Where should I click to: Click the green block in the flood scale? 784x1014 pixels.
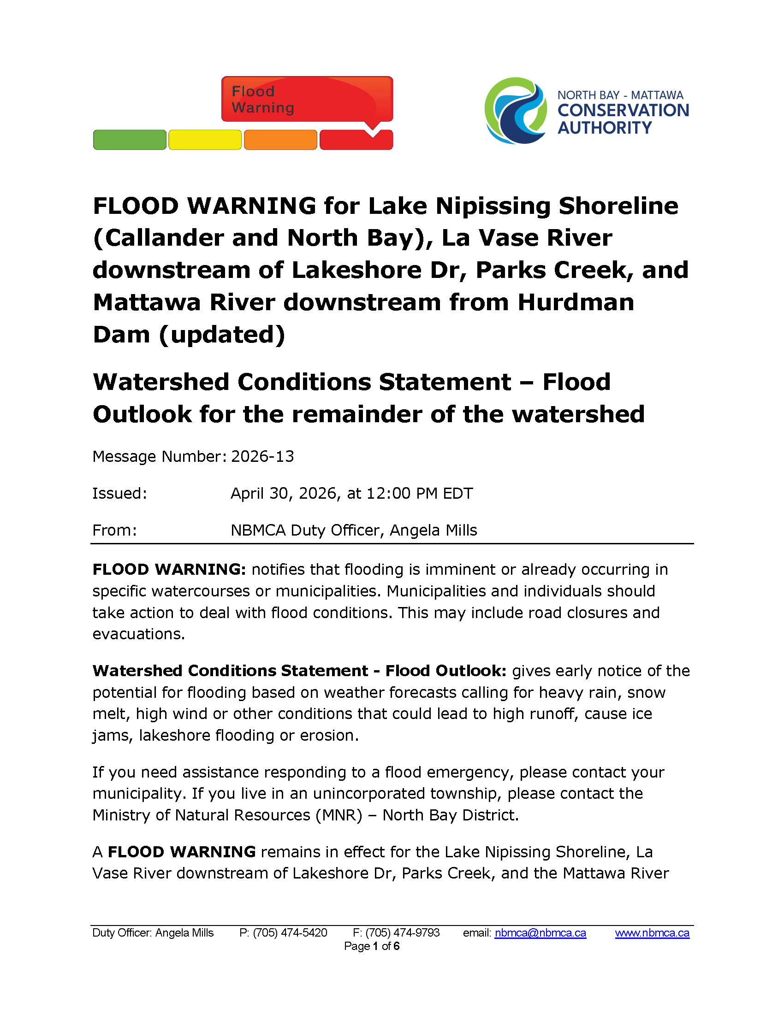pyautogui.click(x=130, y=140)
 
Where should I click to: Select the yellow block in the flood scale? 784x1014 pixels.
pyautogui.click(x=205, y=140)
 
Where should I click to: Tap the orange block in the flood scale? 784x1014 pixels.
pyautogui.click(x=280, y=140)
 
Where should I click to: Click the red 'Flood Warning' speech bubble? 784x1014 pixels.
pyautogui.click(x=307, y=100)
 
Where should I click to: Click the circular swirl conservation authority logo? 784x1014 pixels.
pyautogui.click(x=516, y=111)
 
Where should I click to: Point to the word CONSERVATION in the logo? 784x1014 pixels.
pyautogui.click(x=623, y=111)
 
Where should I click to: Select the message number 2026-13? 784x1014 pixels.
pyautogui.click(x=262, y=456)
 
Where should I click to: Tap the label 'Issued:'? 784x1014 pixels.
pyautogui.click(x=120, y=493)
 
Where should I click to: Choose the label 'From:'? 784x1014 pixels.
pyautogui.click(x=115, y=530)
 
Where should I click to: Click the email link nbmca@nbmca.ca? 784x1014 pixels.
pyautogui.click(x=540, y=933)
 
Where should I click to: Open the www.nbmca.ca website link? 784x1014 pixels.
pyautogui.click(x=652, y=933)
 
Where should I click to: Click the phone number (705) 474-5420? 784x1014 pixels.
pyautogui.click(x=290, y=933)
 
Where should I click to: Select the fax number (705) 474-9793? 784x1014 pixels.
pyautogui.click(x=402, y=933)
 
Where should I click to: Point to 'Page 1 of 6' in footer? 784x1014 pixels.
pyautogui.click(x=372, y=946)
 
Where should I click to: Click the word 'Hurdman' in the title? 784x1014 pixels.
pyautogui.click(x=576, y=302)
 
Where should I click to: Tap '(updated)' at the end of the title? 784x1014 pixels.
pyautogui.click(x=221, y=335)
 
